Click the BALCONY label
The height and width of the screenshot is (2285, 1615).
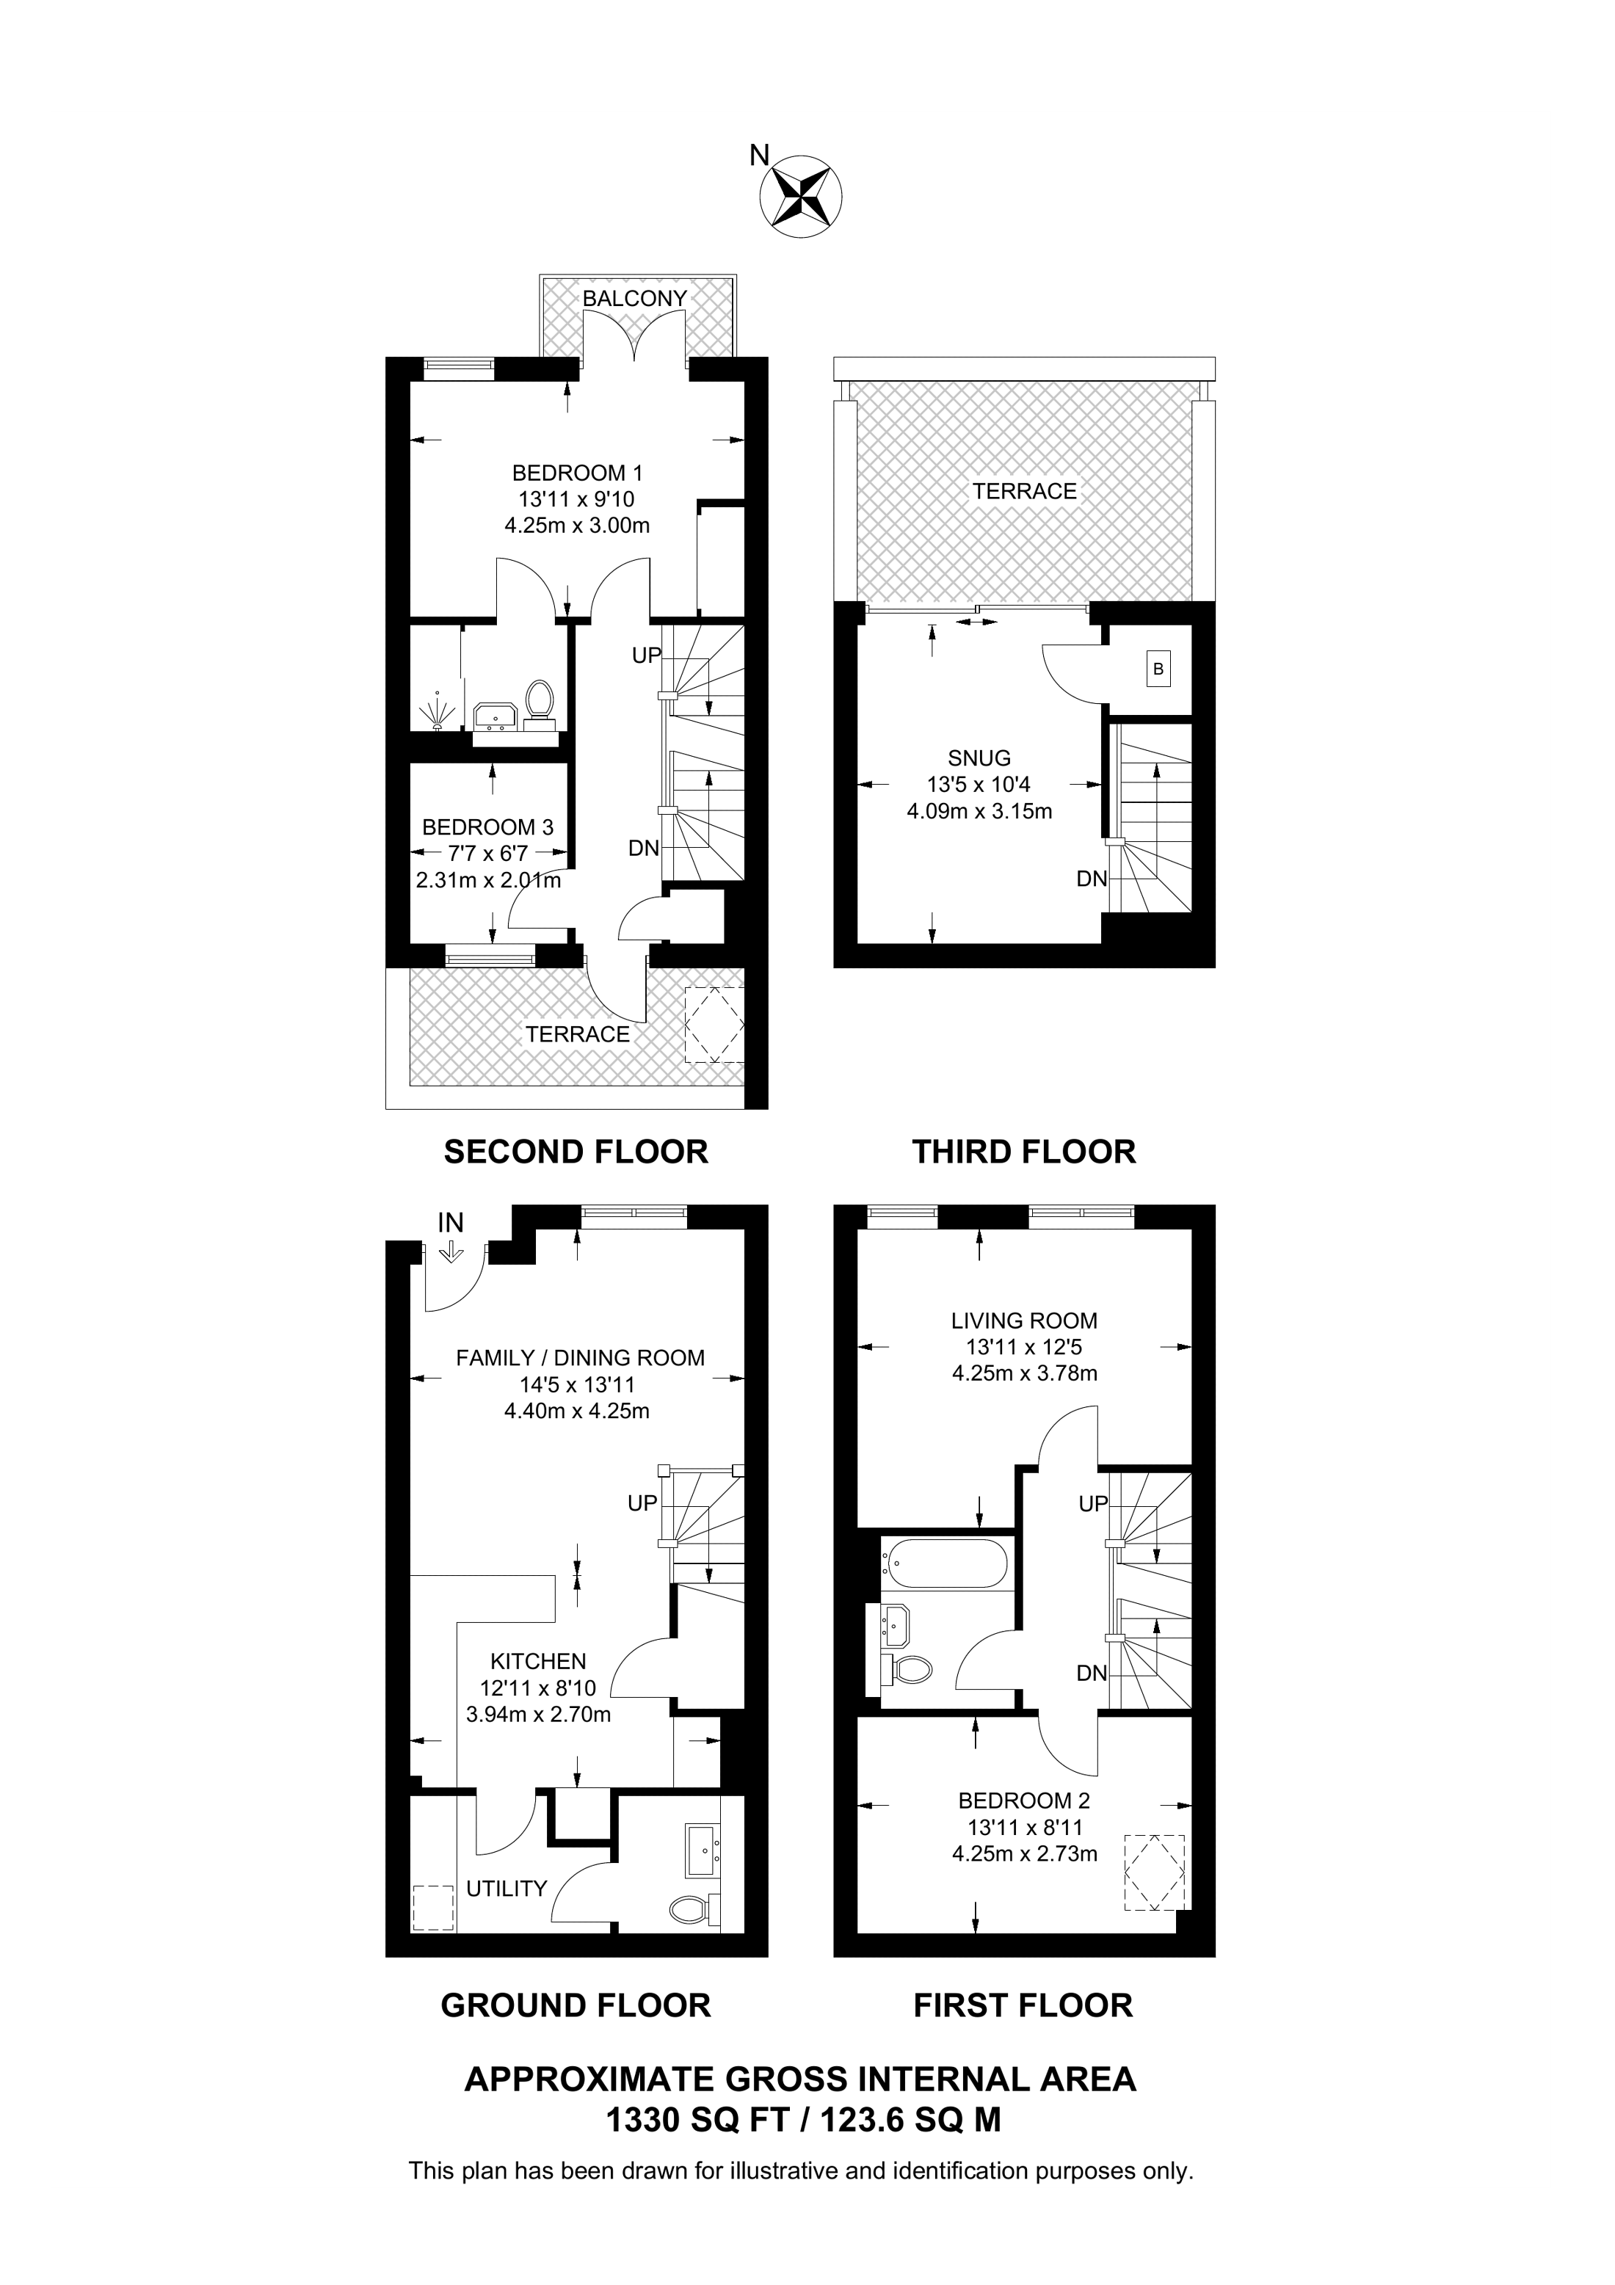[x=635, y=299]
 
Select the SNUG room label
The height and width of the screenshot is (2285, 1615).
[x=979, y=758]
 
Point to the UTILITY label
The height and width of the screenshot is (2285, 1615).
[x=507, y=1889]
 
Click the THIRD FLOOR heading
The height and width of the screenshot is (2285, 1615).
[x=1024, y=1152]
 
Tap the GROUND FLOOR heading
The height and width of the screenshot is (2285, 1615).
[x=576, y=2005]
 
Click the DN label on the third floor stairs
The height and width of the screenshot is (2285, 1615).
[x=1092, y=879]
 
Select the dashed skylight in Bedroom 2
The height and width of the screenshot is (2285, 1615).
[x=1154, y=1872]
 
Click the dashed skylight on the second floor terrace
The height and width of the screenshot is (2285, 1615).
[x=714, y=1025]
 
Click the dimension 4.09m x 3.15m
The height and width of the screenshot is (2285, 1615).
[x=979, y=811]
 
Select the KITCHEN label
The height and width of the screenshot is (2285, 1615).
[x=538, y=1661]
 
